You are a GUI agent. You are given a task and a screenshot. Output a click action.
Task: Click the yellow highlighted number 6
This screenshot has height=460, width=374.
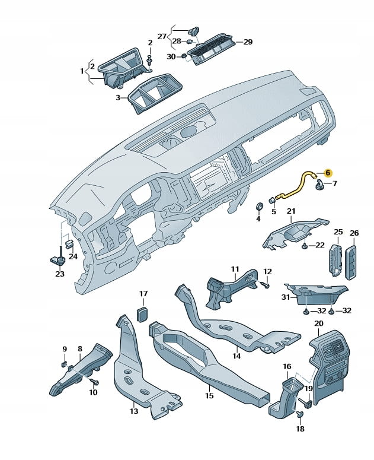pos(328,172)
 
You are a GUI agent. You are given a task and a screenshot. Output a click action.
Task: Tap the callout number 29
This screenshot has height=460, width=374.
pos(248,42)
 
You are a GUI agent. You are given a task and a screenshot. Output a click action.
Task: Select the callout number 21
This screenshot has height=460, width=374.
pos(291,211)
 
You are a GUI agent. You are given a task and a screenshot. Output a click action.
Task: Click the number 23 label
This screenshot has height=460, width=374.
pos(59,274)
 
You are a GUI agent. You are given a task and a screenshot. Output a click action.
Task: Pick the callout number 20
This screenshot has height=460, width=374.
pos(318,323)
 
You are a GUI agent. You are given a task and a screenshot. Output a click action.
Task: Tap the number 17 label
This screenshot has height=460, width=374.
pos(143,294)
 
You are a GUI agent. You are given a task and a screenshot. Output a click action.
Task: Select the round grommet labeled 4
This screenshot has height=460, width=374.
pos(258,207)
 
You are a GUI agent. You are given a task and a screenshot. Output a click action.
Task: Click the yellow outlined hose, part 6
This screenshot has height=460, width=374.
pos(299,182)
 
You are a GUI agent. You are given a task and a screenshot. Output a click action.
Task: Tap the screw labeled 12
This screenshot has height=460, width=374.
pos(265,285)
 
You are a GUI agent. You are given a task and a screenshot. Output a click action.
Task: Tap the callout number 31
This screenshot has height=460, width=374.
pos(285,297)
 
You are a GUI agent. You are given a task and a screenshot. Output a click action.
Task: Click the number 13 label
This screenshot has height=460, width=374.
pos(134,411)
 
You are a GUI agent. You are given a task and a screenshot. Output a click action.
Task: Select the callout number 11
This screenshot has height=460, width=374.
pos(235,269)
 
